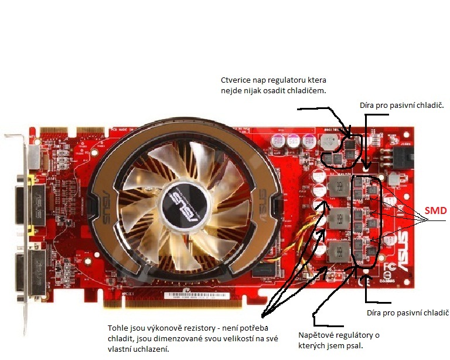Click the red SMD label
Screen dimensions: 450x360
coord(436,210)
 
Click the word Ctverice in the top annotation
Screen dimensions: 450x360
coord(233,80)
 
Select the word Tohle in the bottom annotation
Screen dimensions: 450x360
coord(116,328)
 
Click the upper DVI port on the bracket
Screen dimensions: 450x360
coord(30,204)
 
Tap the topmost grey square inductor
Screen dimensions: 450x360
coord(339,187)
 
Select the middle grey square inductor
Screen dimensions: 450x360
coord(339,220)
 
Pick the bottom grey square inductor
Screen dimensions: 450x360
coord(339,252)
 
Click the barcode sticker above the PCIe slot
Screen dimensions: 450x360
coord(197,296)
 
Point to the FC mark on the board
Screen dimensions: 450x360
coord(390,267)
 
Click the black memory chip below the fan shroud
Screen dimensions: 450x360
coord(264,270)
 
